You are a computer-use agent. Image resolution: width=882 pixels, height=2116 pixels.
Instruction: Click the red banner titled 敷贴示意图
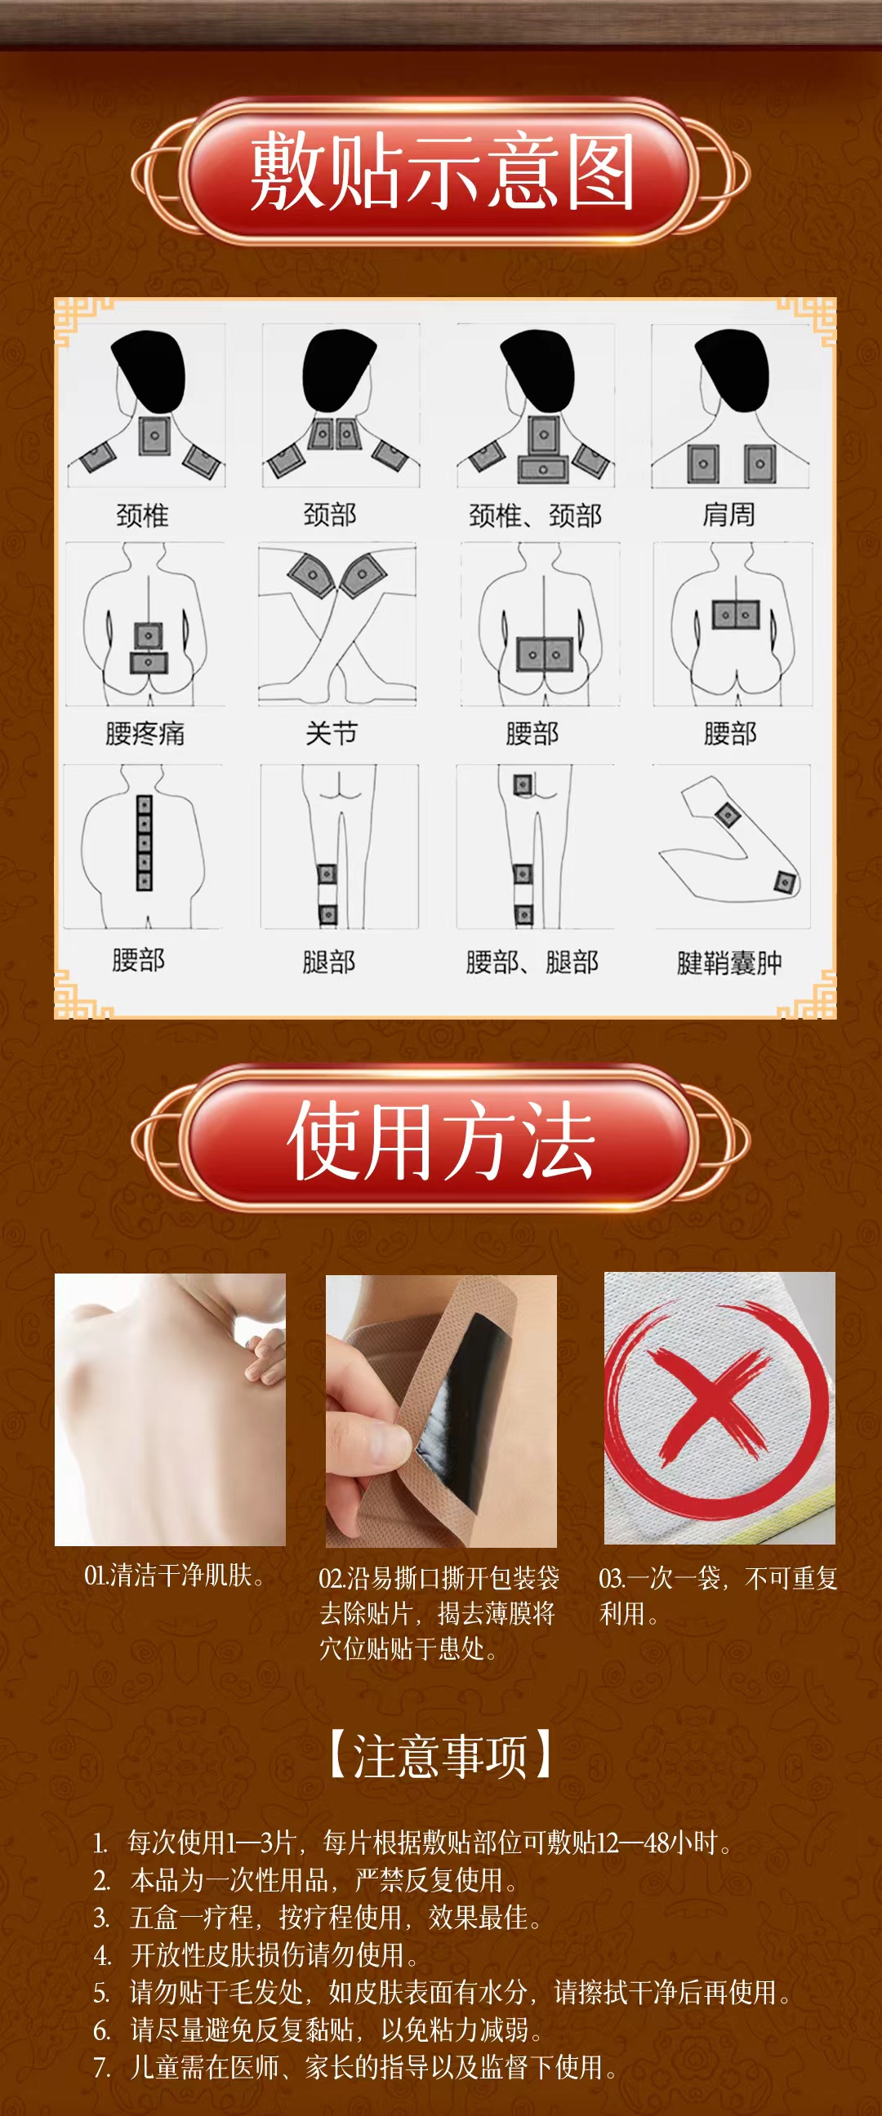click(440, 172)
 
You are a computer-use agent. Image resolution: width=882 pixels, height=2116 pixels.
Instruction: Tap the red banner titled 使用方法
click(440, 1140)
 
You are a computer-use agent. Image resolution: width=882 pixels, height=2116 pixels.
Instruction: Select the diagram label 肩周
click(728, 514)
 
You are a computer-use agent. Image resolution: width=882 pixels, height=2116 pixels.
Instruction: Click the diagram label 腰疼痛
click(145, 733)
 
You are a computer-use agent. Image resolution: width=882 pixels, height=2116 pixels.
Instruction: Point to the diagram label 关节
click(332, 732)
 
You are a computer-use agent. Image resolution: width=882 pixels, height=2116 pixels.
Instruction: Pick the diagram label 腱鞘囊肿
click(729, 962)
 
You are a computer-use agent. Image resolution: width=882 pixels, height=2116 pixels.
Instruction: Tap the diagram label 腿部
click(329, 961)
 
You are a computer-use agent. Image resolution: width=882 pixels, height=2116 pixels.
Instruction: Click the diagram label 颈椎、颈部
click(535, 515)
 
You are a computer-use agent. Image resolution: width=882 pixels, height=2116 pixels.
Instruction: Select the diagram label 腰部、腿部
click(532, 961)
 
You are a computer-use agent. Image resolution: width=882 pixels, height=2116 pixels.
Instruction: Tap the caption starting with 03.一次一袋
click(718, 1595)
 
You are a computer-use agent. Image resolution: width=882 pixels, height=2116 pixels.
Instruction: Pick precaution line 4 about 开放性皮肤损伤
click(256, 1954)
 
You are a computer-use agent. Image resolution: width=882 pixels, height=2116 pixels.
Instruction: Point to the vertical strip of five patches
click(145, 842)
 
